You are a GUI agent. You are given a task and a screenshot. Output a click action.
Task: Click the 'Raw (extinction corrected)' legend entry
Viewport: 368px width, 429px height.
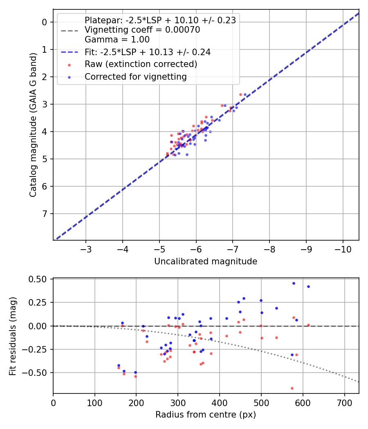(x=141, y=64)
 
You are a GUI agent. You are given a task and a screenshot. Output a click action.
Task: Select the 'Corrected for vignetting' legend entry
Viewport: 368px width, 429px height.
(x=135, y=76)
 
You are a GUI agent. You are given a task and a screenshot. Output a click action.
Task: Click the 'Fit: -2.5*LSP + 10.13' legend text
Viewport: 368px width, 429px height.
(x=148, y=52)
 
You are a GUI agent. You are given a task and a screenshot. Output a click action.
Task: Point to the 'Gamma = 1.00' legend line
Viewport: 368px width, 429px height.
(x=117, y=40)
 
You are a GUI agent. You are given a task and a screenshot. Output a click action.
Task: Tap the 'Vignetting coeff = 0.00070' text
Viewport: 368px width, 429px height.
(x=142, y=30)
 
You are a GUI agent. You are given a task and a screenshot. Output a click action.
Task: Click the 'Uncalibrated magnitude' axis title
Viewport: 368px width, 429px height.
(x=206, y=261)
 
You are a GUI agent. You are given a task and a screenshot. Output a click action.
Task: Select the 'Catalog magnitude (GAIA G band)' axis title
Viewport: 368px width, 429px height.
(x=33, y=125)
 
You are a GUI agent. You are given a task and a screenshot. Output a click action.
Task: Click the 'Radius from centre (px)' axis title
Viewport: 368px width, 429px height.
(x=206, y=415)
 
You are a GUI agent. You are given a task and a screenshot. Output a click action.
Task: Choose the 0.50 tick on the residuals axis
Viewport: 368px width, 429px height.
(x=40, y=279)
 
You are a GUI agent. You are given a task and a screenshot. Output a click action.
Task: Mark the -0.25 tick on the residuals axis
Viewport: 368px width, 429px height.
(x=38, y=349)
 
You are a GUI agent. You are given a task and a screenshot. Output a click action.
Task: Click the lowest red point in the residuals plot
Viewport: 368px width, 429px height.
(x=292, y=388)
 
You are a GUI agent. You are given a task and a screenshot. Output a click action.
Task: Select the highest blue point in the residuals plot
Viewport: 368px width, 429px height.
(x=294, y=283)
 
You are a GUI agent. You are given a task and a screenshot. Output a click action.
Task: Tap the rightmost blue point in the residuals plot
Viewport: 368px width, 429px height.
(x=308, y=286)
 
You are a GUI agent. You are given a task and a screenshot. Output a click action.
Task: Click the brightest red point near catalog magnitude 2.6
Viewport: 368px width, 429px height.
(x=240, y=94)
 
